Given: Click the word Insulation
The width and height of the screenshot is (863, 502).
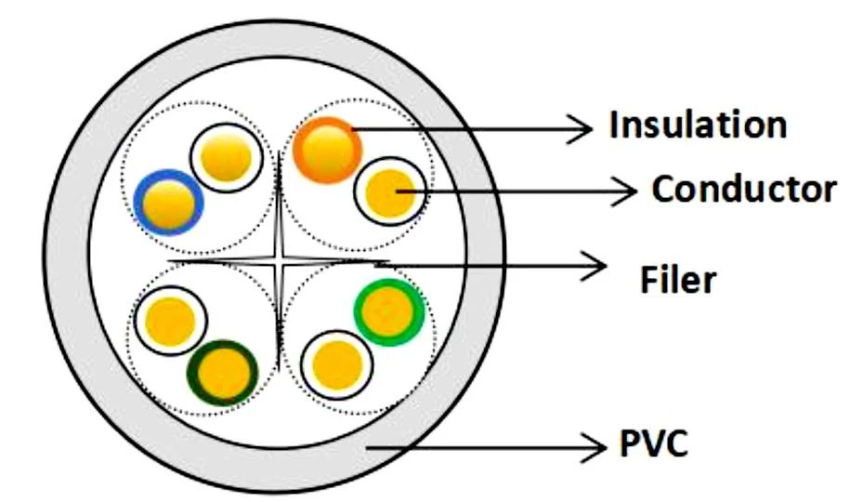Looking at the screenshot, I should click(x=698, y=125).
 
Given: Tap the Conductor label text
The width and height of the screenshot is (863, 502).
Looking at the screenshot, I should click(x=743, y=190).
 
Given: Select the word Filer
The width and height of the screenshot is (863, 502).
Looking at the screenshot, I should click(x=678, y=279).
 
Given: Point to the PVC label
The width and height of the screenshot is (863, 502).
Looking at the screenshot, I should click(x=654, y=444).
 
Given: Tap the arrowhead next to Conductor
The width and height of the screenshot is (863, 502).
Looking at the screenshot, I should click(x=625, y=192).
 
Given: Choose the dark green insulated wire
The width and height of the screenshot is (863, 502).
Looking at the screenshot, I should click(x=223, y=373).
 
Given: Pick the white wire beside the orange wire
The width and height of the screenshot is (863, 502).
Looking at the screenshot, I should click(x=390, y=192).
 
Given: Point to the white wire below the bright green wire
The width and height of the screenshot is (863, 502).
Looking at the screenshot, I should click(x=333, y=363).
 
